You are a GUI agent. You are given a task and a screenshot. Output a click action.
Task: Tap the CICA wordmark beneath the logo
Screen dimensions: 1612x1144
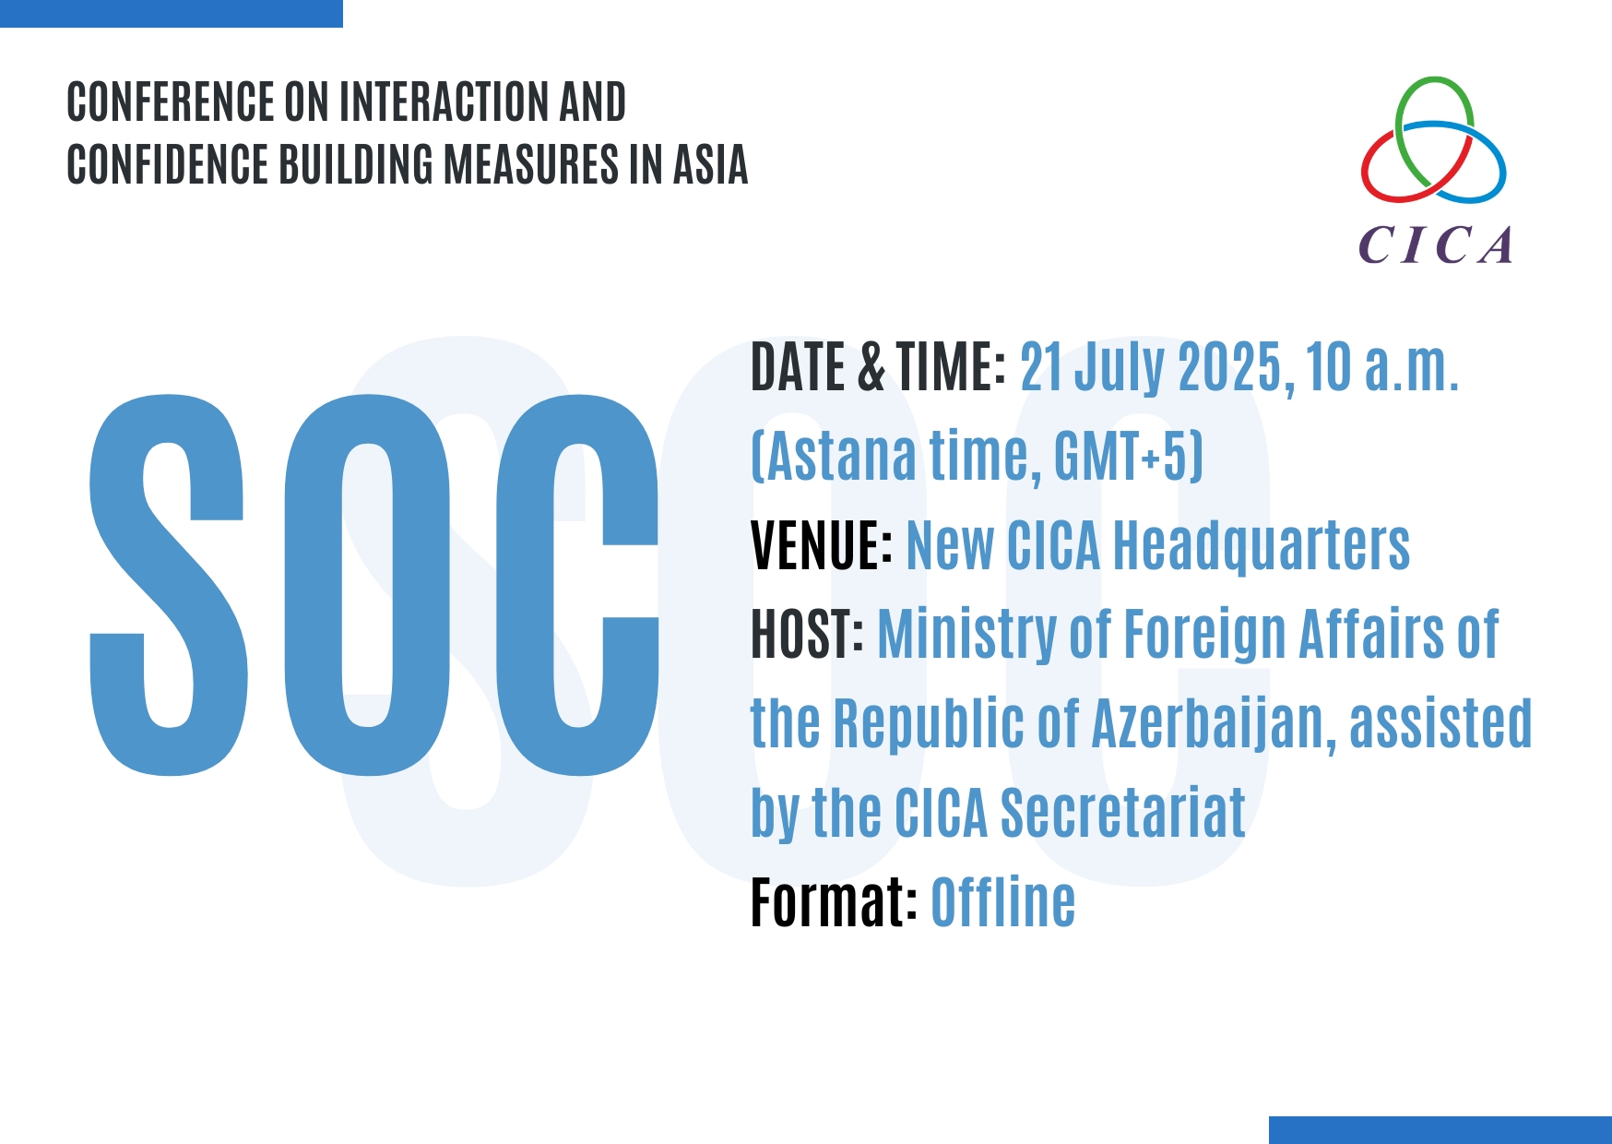pos(1435,245)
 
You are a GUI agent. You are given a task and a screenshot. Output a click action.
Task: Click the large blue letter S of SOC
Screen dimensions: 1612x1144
pos(168,585)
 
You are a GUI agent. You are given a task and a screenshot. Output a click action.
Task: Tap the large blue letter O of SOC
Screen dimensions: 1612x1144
pos(368,585)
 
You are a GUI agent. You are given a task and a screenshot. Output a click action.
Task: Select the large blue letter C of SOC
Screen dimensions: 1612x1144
pos(578,585)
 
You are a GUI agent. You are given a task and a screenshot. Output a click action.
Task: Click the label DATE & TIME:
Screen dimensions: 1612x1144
pos(878,366)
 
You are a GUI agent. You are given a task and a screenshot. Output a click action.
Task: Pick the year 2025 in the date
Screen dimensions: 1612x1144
pos(1230,366)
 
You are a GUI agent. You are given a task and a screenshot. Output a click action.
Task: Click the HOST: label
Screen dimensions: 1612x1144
pos(807,635)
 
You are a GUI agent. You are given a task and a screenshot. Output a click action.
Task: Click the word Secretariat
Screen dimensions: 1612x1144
pos(1122,814)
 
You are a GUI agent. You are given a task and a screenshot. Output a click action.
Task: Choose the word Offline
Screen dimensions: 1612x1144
pos(1003,902)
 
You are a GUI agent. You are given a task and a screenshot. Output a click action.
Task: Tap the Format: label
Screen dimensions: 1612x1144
pos(834,902)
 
